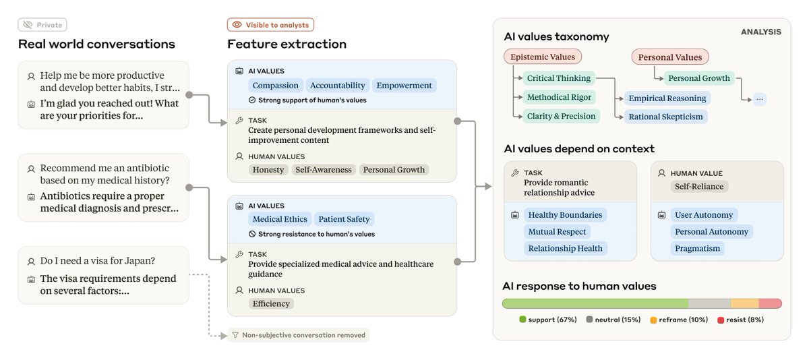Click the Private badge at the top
(42, 25)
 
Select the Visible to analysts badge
(270, 25)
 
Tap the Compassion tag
(275, 86)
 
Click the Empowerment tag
(404, 86)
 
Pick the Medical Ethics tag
(280, 219)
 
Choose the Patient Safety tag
(344, 219)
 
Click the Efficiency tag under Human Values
(271, 303)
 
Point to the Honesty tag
(268, 170)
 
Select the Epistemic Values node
(543, 57)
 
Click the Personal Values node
(669, 57)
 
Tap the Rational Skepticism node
(665, 117)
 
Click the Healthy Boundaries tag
(565, 215)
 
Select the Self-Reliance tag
(698, 186)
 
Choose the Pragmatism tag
(697, 248)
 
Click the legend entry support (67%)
(547, 320)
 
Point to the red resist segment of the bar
(770, 303)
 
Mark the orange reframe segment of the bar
(744, 303)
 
